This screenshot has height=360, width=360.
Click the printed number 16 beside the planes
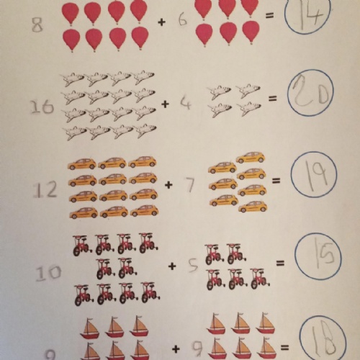42,107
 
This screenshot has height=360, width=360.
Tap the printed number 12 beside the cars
45,189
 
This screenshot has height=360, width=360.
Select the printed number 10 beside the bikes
48,273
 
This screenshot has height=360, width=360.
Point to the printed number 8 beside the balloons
37,24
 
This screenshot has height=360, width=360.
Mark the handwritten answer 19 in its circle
315,176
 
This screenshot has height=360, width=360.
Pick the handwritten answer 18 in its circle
325,338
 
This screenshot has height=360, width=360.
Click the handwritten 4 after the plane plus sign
185,102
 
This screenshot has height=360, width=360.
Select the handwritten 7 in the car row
189,185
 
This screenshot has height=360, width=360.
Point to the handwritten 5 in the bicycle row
193,266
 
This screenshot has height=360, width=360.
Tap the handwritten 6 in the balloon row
183,20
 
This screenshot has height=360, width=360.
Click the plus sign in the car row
168,184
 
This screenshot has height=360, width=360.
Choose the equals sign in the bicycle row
280,264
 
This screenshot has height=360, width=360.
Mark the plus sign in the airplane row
165,104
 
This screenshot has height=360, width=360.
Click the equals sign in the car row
276,181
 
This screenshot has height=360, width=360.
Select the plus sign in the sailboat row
176,348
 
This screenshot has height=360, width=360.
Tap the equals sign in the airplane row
272,99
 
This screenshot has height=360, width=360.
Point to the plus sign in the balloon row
162,22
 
